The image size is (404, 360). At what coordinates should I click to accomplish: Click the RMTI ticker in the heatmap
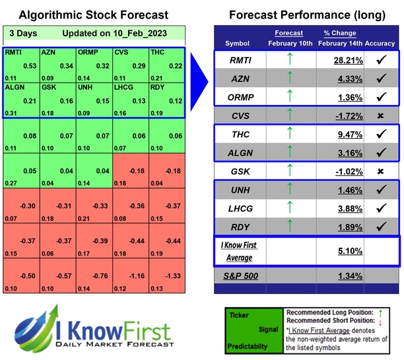[x=14, y=52]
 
